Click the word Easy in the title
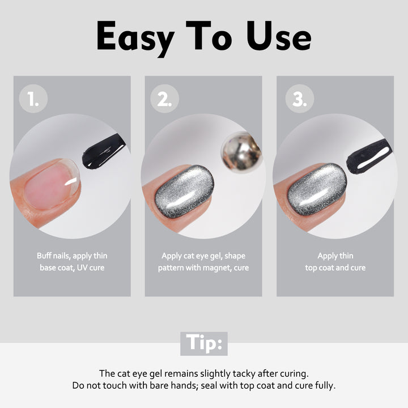pyautogui.click(x=135, y=39)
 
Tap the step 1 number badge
pyautogui.click(x=33, y=99)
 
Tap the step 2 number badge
pyautogui.click(x=165, y=99)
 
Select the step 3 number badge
pyautogui.click(x=300, y=99)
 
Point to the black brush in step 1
pyautogui.click(x=104, y=151)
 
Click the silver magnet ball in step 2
pyautogui.click(x=241, y=152)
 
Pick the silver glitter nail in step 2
pyautogui.click(x=184, y=192)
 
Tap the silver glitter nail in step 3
pyautogui.click(x=317, y=189)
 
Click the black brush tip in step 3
pyautogui.click(x=369, y=156)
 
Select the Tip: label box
pyautogui.click(x=204, y=344)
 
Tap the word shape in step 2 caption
pyautogui.click(x=235, y=256)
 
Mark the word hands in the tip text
pyautogui.click(x=184, y=385)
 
